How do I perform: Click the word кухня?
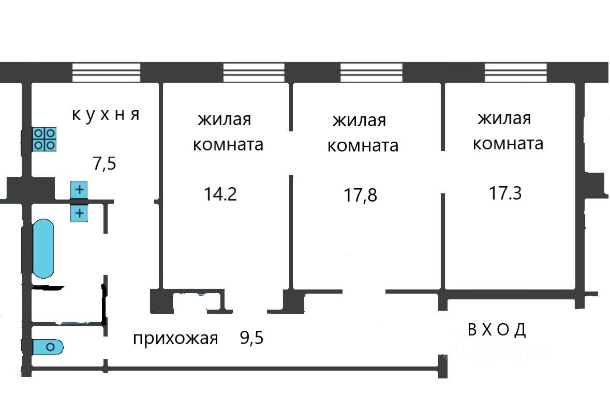click(106, 114)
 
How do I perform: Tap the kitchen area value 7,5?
click(105, 164)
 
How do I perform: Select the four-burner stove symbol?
click(44, 139)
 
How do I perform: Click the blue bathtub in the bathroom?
click(43, 248)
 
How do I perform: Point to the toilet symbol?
click(48, 346)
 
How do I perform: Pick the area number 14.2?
click(220, 194)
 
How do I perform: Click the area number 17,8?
click(361, 195)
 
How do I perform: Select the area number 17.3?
click(505, 193)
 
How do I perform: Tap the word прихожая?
click(176, 339)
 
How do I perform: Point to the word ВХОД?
click(497, 329)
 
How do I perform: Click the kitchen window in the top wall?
click(106, 72)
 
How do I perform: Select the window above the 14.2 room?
click(254, 72)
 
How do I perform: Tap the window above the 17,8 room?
click(371, 72)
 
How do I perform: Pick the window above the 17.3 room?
click(516, 72)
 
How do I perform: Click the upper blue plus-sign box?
click(79, 190)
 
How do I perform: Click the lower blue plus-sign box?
click(79, 212)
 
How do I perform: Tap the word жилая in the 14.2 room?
click(225, 120)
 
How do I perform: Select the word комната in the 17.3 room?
click(508, 143)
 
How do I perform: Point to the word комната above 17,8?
click(363, 146)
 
